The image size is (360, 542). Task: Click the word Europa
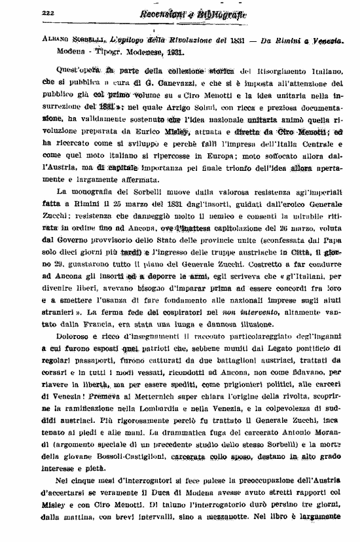[x=242, y=156]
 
